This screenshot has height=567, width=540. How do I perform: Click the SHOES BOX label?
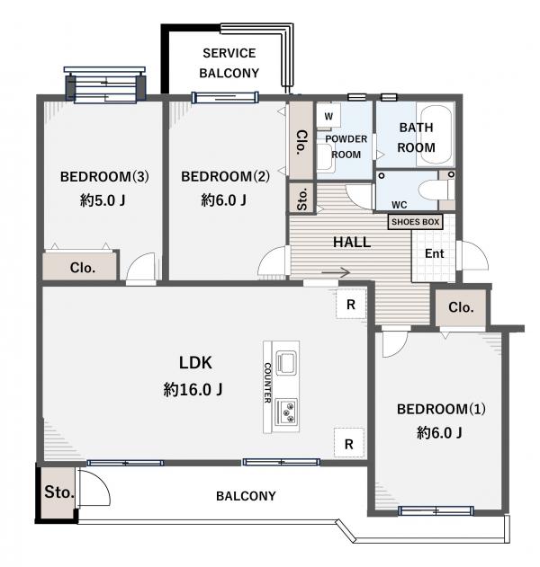pos(415,222)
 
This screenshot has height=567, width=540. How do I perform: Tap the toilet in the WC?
pos(436,190)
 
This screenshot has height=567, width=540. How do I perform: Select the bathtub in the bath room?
pos(435,136)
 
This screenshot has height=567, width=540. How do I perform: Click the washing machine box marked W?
pos(328,117)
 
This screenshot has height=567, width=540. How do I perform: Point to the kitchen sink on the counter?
pos(286,362)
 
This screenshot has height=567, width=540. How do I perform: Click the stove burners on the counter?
pos(287,412)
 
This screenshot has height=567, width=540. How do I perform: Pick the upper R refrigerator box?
pos(351,304)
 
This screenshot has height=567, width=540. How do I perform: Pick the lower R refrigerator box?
pos(349,443)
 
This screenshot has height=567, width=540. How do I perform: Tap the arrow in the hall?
pos(336,272)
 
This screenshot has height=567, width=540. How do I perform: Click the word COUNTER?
pos(267,383)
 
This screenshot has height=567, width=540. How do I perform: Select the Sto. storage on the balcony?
pos(58,492)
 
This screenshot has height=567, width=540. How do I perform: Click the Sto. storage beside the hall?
pos(301,199)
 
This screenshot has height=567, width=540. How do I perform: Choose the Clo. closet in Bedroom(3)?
pos(81,267)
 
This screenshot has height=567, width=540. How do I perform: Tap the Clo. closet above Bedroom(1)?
pos(461,307)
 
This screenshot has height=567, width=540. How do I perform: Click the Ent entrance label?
pos(434,253)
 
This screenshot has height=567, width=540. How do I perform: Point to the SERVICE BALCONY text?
pos(229,63)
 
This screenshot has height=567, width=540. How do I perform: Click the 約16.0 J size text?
pos(193,389)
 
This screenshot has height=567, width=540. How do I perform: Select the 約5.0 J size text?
pos(103,199)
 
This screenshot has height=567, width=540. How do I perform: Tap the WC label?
pos(399,205)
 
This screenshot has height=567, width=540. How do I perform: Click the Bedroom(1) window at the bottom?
pos(436,510)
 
